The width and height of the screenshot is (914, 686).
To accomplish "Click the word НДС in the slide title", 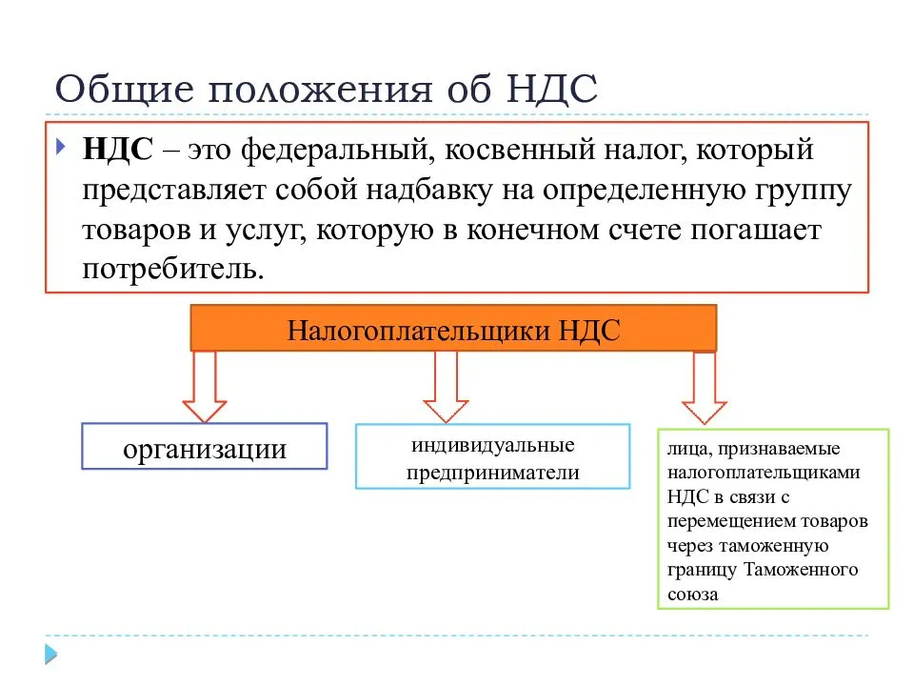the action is click(x=552, y=90).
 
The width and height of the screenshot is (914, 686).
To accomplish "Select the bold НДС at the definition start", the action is click(x=118, y=150).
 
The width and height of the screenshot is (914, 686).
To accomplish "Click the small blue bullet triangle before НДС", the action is click(x=60, y=146).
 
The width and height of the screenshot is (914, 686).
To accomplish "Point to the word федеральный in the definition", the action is click(x=337, y=151).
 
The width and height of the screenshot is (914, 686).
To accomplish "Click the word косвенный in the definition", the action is click(x=520, y=150).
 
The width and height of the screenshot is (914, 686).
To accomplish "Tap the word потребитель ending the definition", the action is click(x=173, y=269).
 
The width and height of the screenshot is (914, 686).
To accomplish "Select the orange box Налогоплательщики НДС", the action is click(x=453, y=329).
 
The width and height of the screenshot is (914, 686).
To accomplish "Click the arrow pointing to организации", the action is click(x=204, y=386).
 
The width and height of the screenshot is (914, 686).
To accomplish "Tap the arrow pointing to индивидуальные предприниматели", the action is click(x=446, y=386).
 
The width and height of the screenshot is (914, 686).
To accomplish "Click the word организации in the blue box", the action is click(x=205, y=449).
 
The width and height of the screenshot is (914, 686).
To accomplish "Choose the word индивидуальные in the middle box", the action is click(x=493, y=446).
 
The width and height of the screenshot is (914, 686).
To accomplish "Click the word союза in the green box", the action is click(x=692, y=595).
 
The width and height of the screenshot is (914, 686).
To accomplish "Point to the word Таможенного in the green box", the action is click(x=802, y=570).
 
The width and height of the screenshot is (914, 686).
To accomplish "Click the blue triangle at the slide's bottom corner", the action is click(x=51, y=654).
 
